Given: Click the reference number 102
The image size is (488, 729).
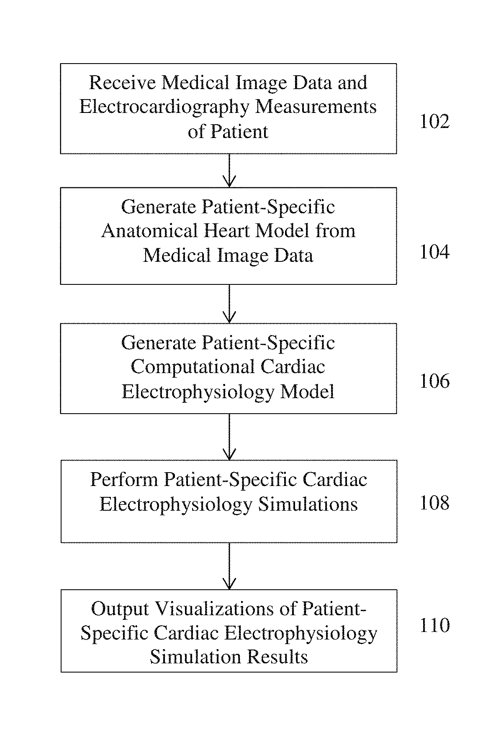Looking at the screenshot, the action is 434,121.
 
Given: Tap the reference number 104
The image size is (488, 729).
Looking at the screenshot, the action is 434,252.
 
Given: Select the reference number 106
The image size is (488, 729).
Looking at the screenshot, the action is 434,381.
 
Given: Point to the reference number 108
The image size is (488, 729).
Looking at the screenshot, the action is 434,502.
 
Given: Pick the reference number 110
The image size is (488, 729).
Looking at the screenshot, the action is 434,625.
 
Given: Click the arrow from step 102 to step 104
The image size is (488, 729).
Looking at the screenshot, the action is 229,170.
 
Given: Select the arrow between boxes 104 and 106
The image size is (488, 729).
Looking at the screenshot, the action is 229,304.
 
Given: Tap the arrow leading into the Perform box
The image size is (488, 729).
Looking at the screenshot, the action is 229,437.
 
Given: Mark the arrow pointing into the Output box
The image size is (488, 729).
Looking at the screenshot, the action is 229,566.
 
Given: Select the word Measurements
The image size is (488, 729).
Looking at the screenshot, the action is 316,107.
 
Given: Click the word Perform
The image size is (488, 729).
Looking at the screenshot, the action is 124,479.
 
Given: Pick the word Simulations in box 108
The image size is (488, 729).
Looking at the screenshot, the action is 308,504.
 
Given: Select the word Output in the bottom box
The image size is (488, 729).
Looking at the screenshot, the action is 120,609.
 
